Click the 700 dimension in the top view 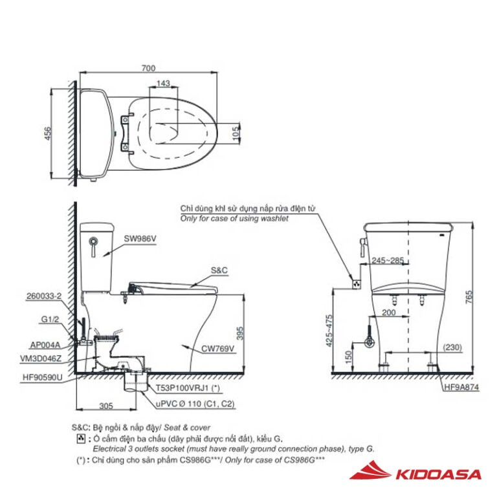(148, 68)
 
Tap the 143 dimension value (163, 83)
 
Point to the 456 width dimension (47, 133)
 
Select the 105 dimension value (236, 133)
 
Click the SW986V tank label (140, 239)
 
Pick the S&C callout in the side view (219, 270)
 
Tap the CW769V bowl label (217, 349)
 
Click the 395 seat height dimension (240, 333)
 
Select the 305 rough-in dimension (106, 406)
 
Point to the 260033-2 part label (44, 296)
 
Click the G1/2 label (50, 319)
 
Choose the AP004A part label (45, 345)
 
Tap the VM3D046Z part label (41, 359)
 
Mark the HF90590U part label (43, 377)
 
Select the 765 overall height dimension (469, 297)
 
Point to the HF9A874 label (461, 387)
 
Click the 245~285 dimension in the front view (388, 260)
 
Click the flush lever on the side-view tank (93, 247)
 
